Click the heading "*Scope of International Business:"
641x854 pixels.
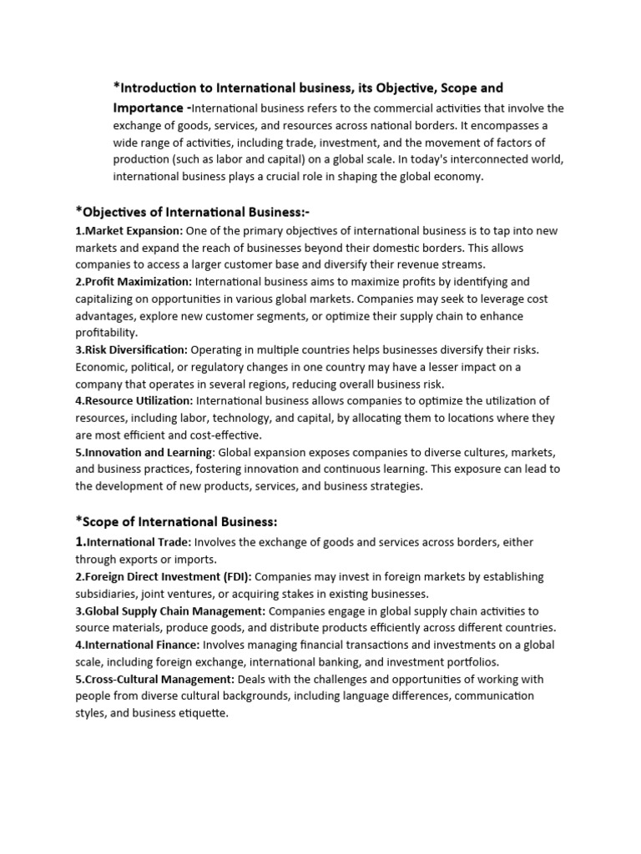176,521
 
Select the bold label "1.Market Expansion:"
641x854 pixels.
129,230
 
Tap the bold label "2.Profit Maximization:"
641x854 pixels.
134,282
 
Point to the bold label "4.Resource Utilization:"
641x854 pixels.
134,401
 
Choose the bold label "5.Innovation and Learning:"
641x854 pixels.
145,453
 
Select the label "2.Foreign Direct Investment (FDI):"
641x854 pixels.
164,576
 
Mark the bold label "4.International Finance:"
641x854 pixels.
138,645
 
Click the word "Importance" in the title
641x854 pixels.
148,108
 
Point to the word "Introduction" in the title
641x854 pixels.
164,88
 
